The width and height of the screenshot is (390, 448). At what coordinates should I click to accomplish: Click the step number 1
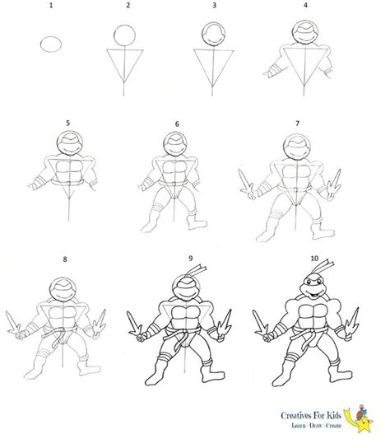[51, 5]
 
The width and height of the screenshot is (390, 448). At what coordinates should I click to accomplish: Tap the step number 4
[305, 5]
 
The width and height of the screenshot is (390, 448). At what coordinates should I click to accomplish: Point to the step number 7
[298, 124]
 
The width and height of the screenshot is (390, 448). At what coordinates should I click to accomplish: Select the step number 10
[314, 259]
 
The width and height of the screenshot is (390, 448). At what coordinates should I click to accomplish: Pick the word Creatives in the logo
[295, 415]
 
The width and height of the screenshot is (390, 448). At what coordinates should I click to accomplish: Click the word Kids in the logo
[333, 415]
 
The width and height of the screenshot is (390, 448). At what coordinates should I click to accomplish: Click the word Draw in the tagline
[316, 426]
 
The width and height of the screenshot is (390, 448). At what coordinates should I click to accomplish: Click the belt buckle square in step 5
[68, 183]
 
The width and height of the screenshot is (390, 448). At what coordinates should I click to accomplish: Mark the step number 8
[65, 259]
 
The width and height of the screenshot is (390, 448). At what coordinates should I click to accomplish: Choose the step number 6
[177, 124]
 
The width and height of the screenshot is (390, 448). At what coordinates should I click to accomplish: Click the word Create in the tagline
[334, 426]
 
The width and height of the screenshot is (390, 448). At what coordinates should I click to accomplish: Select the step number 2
[128, 5]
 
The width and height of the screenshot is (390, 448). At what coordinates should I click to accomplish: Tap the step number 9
[191, 259]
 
